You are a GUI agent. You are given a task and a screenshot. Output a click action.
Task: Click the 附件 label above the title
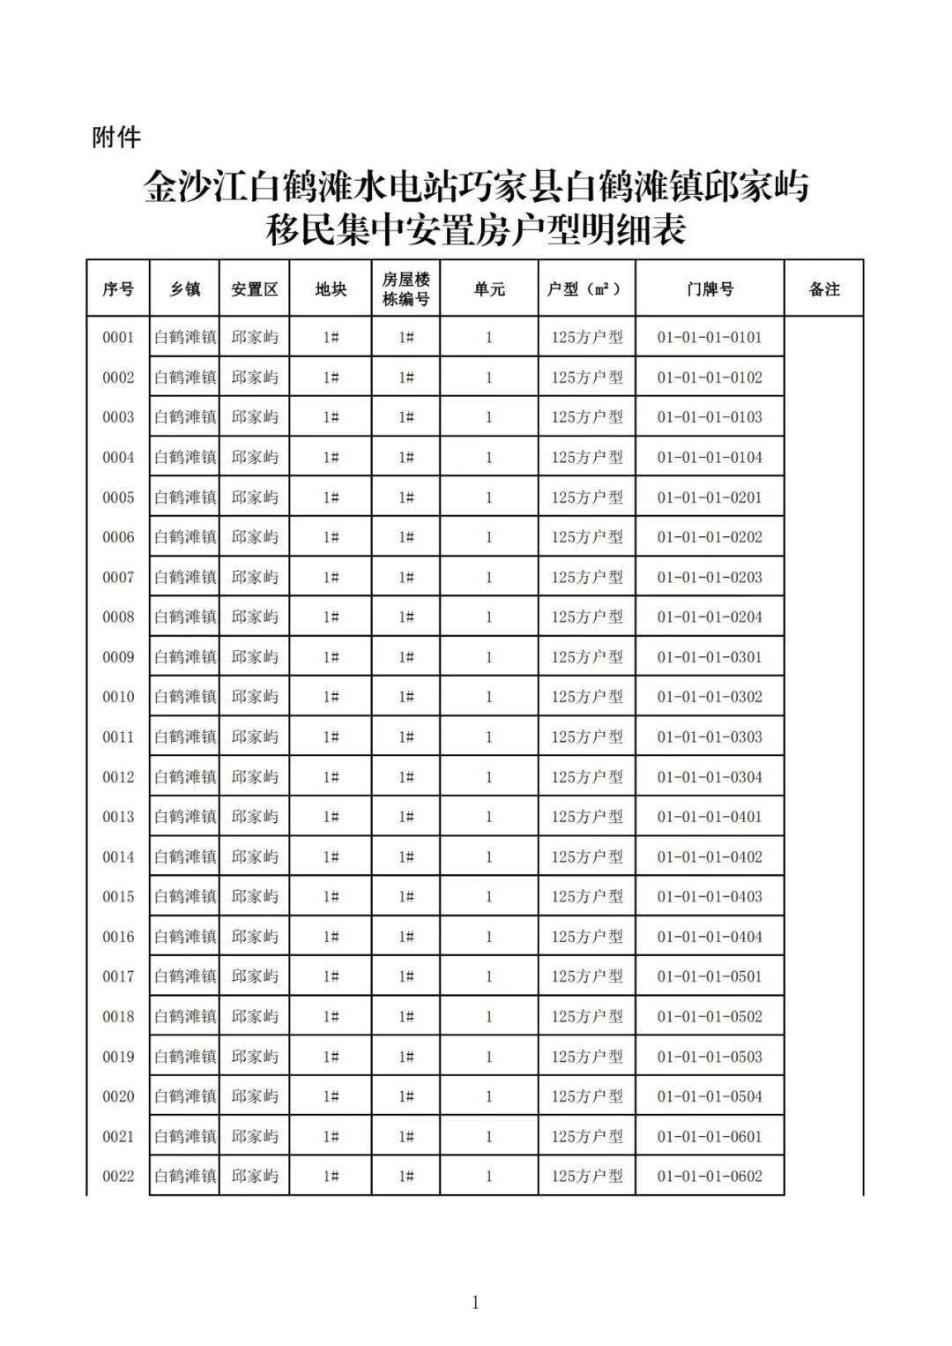coord(115,138)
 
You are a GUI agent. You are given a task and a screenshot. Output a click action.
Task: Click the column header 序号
coord(118,289)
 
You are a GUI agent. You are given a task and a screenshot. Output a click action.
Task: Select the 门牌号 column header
coord(710,289)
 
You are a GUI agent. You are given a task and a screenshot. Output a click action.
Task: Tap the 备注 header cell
coord(824,289)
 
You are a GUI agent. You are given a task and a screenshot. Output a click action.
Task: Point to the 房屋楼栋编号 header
coord(405,289)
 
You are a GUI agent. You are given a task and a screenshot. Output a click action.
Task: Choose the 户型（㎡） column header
coord(586,289)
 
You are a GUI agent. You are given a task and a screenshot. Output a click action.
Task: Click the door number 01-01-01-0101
coord(710,337)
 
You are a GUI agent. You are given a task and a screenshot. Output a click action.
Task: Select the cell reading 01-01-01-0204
coord(710,617)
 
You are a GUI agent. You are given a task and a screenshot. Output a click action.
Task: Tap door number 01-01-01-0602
coord(710,1177)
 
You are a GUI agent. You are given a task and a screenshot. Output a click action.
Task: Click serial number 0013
coord(118,817)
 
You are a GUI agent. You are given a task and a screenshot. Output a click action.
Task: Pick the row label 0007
coord(118,578)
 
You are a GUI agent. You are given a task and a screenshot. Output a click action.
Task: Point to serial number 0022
coord(118,1177)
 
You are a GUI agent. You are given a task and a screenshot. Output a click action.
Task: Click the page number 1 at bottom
coord(476,1303)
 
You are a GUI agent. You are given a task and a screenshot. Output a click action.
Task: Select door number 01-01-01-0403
coord(710,897)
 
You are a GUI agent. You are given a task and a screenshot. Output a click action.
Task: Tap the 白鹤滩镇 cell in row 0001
coord(185,337)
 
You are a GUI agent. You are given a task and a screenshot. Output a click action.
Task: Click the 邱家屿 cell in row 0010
coord(255,697)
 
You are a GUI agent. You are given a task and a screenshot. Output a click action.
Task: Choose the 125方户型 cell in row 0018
coord(586,1017)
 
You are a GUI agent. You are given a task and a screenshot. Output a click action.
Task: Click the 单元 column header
coord(489,289)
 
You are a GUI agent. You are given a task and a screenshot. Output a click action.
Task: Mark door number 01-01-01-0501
coord(710,976)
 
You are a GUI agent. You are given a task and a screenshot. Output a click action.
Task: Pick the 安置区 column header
coord(255,289)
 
